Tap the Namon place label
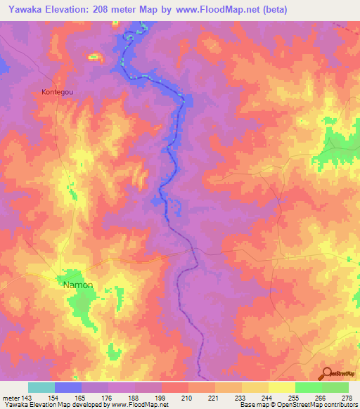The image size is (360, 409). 78,285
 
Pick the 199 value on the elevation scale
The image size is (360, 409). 161,398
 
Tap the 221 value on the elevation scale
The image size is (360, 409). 214,398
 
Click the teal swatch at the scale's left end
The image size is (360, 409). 41,387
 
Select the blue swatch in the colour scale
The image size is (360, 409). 67,387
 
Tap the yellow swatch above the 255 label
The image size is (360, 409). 281,387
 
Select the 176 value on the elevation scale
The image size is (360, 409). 108,398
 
